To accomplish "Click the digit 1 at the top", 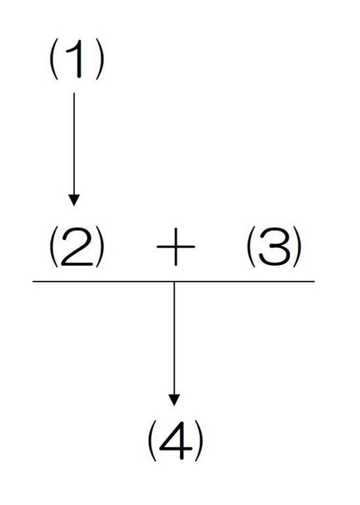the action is point(78,60).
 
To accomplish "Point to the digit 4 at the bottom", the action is point(175,442).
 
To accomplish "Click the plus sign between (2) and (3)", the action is point(175,247).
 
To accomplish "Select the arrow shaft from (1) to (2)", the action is point(74,144).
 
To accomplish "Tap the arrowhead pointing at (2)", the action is point(74,200).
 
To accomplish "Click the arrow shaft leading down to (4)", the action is point(174,338).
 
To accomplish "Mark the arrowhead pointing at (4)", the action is point(174,400).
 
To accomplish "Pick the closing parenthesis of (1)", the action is point(101,61).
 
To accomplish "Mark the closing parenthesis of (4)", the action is point(200,442).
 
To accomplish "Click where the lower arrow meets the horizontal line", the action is point(174,281).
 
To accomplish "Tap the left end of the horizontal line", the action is point(33,281).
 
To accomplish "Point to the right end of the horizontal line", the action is point(314,281).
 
